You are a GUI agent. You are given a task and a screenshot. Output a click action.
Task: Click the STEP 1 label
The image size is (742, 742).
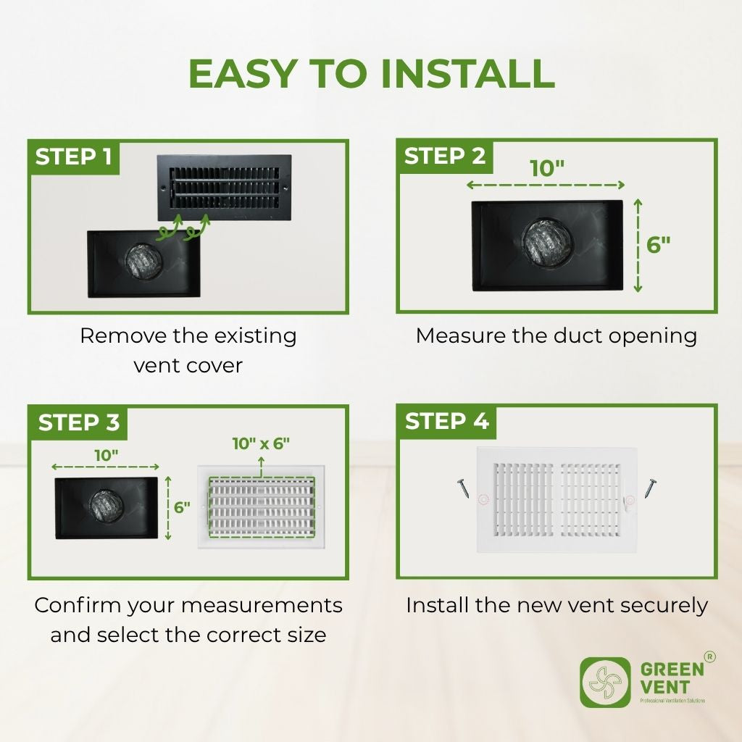tap(74, 157)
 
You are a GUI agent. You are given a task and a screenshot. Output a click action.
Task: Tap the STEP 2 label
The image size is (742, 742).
tap(445, 157)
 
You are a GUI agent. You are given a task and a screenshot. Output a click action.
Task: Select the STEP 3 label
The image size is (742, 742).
tap(78, 422)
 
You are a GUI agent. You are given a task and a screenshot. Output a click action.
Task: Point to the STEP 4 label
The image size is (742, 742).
tap(446, 421)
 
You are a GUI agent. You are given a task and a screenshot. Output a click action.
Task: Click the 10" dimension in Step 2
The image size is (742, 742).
tap(546, 169)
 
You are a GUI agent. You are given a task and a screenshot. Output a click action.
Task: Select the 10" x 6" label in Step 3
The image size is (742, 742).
tap(261, 443)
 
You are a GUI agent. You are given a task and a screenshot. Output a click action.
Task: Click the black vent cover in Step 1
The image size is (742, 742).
tap(225, 188)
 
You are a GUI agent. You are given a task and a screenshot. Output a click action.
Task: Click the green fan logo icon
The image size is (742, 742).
tap(605, 682)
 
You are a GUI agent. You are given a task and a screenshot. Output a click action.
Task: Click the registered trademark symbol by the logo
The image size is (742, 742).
tap(711, 657)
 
